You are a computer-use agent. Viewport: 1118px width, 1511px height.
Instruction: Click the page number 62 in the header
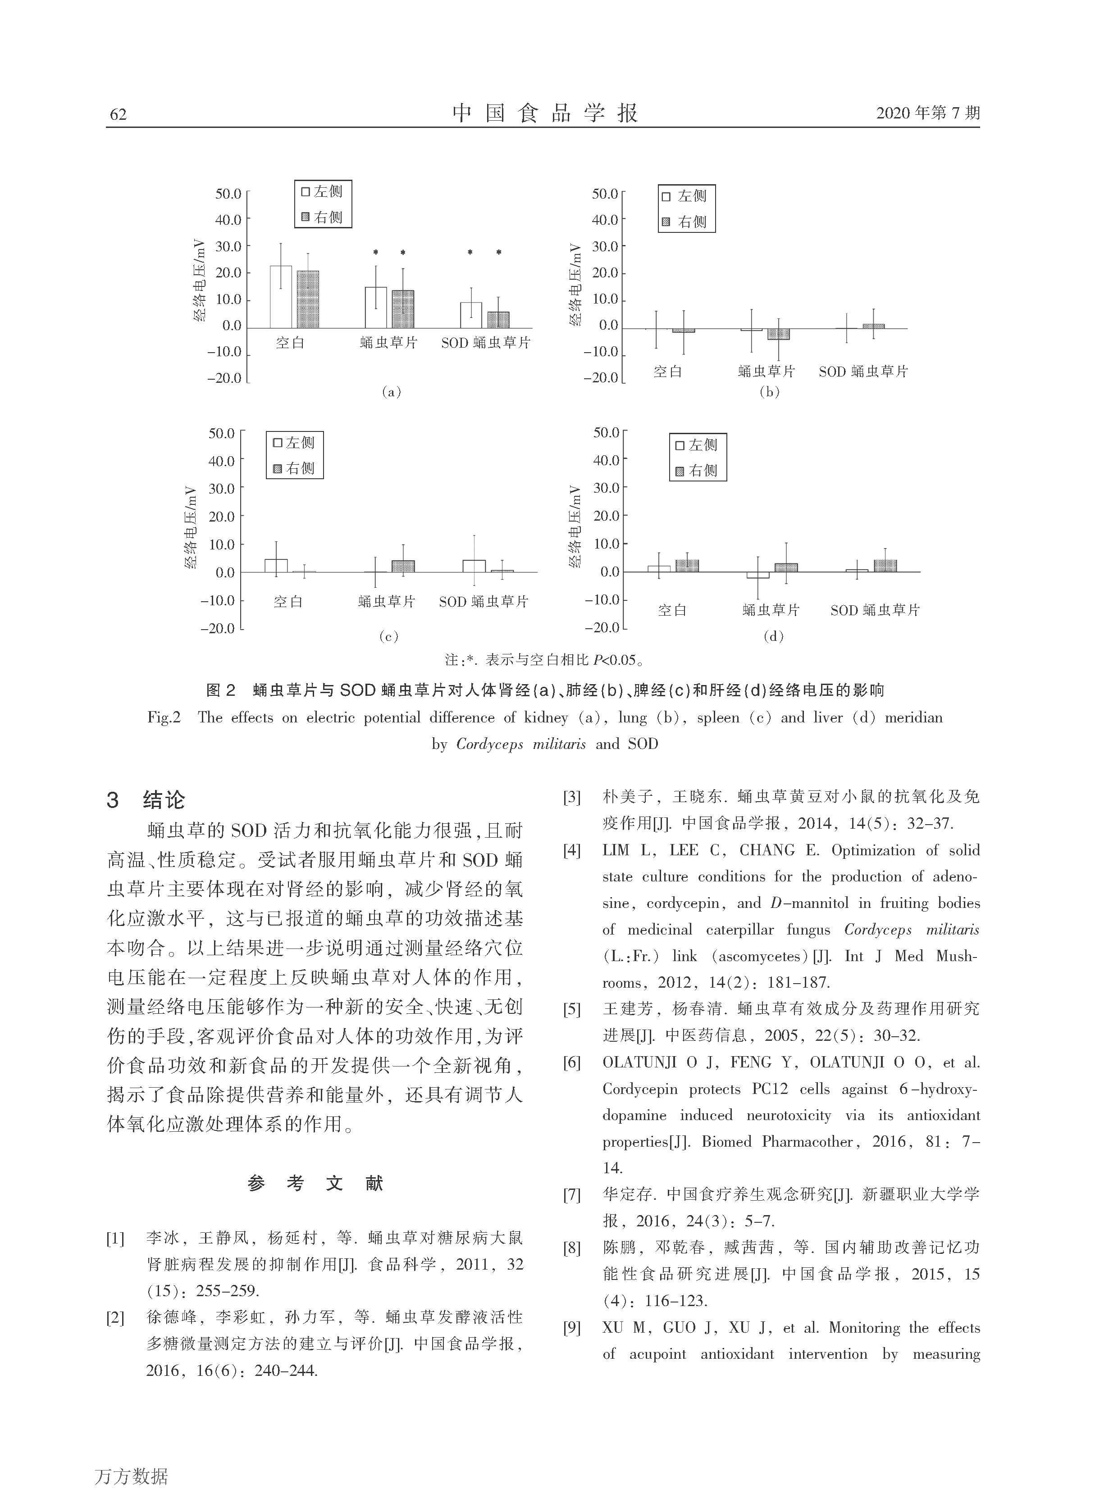pyautogui.click(x=118, y=113)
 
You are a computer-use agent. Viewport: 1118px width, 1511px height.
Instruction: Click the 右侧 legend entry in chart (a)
pyautogui.click(x=323, y=217)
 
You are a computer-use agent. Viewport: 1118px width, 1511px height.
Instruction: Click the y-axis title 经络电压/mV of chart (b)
pyautogui.click(x=575, y=284)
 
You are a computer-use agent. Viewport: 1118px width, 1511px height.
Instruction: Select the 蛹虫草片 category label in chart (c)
pyautogui.click(x=387, y=601)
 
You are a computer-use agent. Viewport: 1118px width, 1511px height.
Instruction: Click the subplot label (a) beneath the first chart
pyautogui.click(x=391, y=392)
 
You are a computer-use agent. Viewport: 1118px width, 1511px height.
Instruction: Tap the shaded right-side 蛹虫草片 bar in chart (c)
pyautogui.click(x=403, y=566)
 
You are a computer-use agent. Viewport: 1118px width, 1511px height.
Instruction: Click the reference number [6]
pyautogui.click(x=572, y=1062)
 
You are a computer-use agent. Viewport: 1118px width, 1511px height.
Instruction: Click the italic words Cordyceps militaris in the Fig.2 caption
pyautogui.click(x=520, y=744)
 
